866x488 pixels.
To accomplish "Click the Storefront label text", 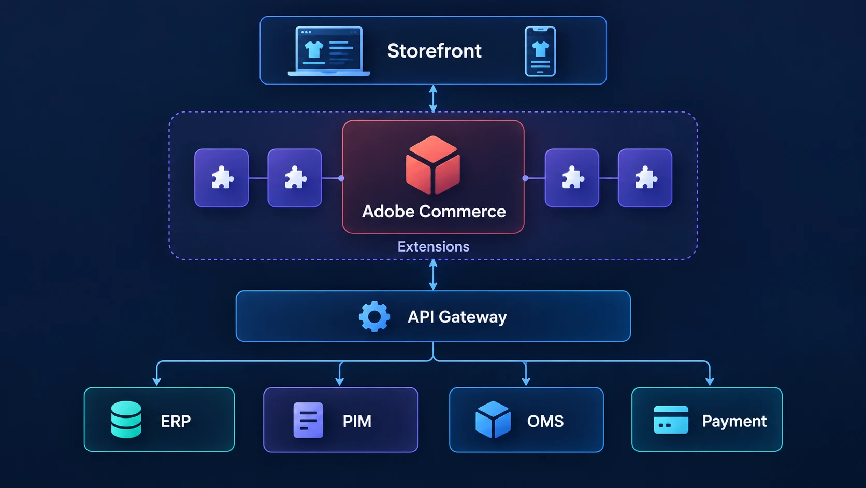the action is pyautogui.click(x=434, y=51).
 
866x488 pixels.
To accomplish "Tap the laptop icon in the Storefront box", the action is pyautogui.click(x=328, y=51).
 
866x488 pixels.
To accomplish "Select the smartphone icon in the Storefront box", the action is pyautogui.click(x=540, y=51).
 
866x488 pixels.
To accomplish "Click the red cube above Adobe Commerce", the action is pyautogui.click(x=433, y=165).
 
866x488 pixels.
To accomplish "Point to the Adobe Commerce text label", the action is pyautogui.click(x=434, y=211).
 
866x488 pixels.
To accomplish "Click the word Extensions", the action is pyautogui.click(x=434, y=246).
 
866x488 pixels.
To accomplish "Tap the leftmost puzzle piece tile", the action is pyautogui.click(x=222, y=178).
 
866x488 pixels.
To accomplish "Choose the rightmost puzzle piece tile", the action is pyautogui.click(x=645, y=178).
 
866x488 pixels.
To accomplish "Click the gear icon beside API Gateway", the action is pyautogui.click(x=374, y=316).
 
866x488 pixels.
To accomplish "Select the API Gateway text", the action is pyautogui.click(x=457, y=317).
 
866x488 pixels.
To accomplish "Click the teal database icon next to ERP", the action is pyautogui.click(x=126, y=420).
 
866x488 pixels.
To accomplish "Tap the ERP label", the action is pyautogui.click(x=176, y=421).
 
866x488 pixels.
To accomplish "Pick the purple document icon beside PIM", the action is pyautogui.click(x=308, y=420).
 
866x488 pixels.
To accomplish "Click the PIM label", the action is pyautogui.click(x=357, y=421).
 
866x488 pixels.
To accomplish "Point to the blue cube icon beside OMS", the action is pyautogui.click(x=493, y=420).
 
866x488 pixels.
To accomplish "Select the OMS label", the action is pyautogui.click(x=545, y=421).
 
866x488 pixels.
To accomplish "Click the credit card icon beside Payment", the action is pyautogui.click(x=671, y=420).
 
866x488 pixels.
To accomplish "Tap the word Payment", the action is pyautogui.click(x=734, y=421).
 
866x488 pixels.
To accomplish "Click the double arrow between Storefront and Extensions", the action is pyautogui.click(x=434, y=99).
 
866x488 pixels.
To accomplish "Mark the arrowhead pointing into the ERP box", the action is pyautogui.click(x=156, y=382).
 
